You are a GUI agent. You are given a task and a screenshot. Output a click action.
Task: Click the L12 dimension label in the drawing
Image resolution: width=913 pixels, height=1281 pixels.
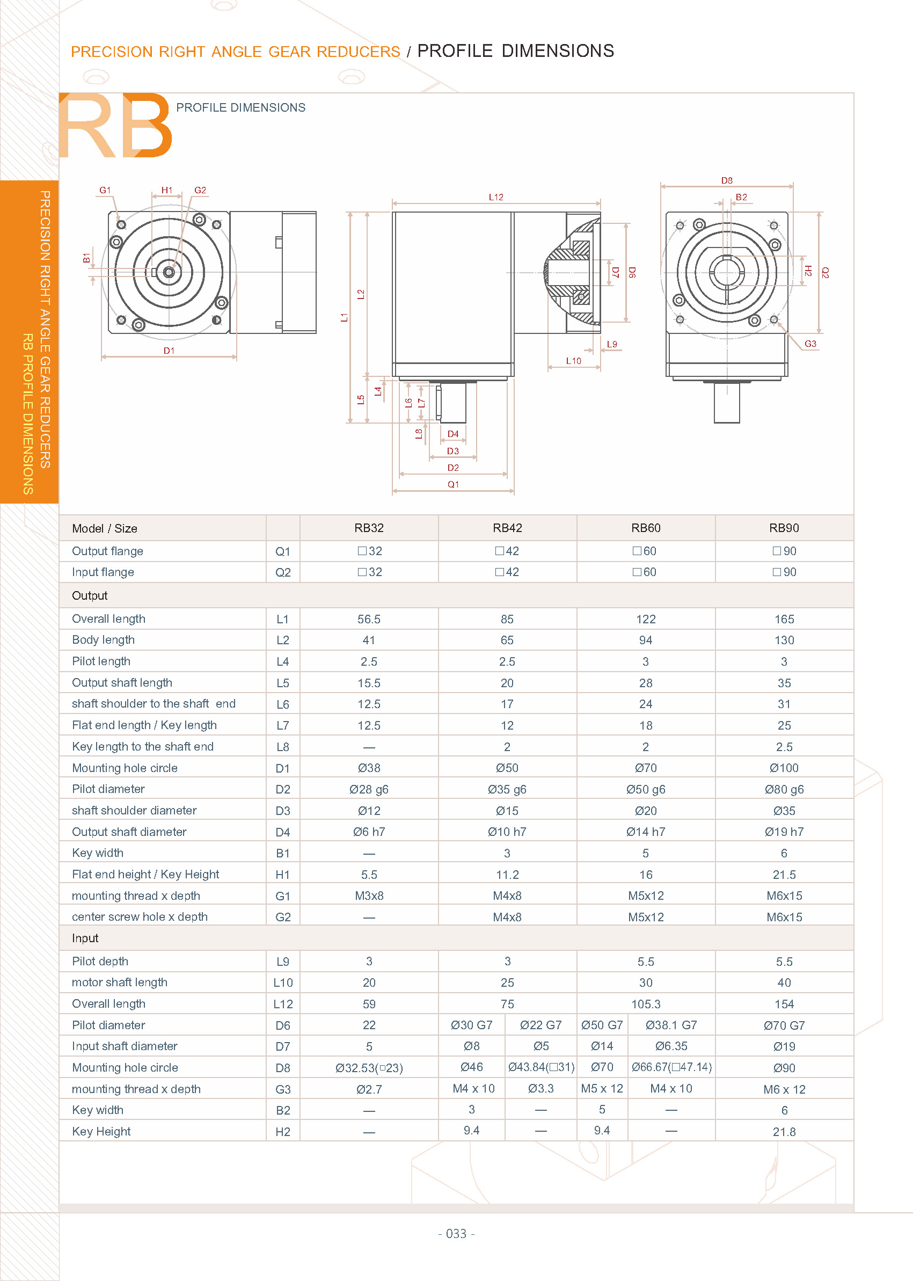[495, 197]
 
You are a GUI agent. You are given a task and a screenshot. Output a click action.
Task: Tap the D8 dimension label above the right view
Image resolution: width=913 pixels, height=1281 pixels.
[726, 180]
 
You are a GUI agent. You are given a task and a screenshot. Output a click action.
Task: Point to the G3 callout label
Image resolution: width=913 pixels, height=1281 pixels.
[809, 344]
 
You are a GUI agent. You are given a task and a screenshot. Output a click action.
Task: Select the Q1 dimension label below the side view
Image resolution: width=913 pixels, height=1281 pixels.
[452, 484]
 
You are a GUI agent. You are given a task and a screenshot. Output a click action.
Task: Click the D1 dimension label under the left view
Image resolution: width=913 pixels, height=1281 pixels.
[169, 351]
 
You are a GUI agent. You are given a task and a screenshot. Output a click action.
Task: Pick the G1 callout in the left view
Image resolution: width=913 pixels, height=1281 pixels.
[105, 190]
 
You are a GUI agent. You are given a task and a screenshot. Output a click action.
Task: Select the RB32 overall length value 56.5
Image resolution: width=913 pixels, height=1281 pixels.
[369, 619]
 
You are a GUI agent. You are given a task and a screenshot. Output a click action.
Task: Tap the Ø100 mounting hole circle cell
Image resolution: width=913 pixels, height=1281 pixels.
[784, 768]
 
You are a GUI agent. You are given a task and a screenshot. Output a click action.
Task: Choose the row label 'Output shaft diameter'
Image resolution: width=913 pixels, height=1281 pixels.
[129, 832]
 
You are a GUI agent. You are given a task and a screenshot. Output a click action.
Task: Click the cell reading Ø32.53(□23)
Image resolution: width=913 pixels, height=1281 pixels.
[369, 1067]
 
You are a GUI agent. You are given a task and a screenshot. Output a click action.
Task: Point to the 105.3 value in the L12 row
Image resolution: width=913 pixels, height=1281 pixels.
[645, 1004]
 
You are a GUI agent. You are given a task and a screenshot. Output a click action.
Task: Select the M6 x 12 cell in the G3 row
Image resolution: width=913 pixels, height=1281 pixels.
[784, 1089]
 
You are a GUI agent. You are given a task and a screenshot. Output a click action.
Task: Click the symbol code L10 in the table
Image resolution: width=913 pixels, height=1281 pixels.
[283, 982]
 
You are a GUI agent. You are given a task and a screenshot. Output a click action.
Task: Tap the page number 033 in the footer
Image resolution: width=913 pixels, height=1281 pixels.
[456, 1233]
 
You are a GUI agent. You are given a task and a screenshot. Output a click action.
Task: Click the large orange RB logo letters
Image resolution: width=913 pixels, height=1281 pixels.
[115, 126]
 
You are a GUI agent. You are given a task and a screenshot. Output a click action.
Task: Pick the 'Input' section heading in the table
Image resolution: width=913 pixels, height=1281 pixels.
[85, 938]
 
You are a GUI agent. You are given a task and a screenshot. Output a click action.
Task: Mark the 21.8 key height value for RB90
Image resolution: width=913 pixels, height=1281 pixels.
[784, 1131]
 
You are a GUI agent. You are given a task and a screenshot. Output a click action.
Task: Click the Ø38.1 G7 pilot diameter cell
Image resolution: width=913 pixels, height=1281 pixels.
[671, 1025]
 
